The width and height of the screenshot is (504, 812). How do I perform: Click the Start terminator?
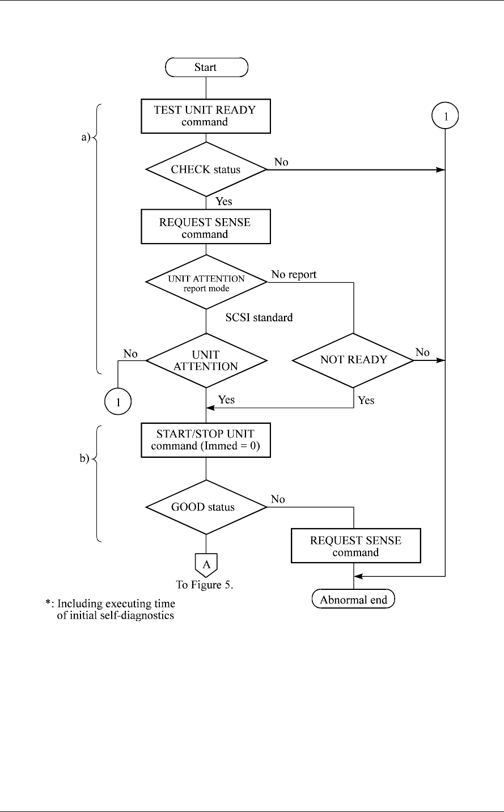coord(206,67)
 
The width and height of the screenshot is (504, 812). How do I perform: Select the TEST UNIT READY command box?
coord(206,116)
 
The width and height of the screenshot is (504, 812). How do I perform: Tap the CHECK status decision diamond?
coord(206,169)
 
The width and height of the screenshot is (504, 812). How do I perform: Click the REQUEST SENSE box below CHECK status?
coord(206,228)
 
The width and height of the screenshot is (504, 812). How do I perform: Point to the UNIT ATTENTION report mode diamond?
coord(206,282)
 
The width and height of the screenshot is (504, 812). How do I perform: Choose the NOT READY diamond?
coord(354,359)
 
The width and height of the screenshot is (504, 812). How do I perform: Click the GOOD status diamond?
coord(206,507)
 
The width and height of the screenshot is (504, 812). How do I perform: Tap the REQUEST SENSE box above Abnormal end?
coord(355,546)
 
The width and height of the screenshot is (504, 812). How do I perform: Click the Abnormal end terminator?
coord(354,600)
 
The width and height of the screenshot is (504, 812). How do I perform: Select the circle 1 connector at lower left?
coord(118,403)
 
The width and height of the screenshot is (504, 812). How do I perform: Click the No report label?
coord(294,274)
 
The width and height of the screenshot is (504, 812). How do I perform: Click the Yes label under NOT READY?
coord(366,400)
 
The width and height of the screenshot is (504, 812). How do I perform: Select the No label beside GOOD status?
coord(278,499)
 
